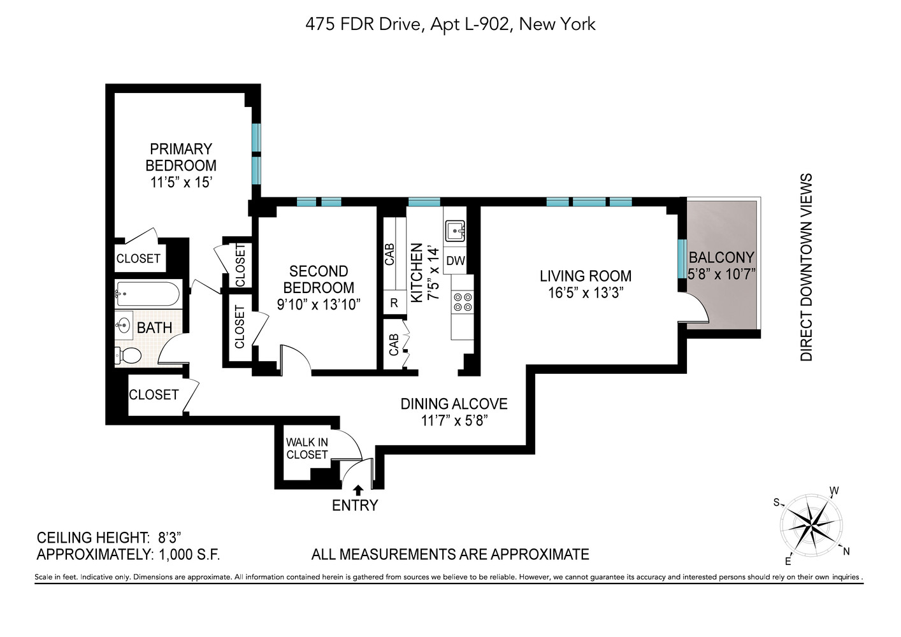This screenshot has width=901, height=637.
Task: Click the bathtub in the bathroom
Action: [148, 294]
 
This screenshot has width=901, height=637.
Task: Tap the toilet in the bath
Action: [129, 355]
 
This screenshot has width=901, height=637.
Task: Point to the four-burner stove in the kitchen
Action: [462, 302]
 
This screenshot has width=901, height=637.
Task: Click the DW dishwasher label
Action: [455, 261]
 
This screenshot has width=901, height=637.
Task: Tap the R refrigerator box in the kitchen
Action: [394, 303]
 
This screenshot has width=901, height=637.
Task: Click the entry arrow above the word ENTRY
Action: [358, 489]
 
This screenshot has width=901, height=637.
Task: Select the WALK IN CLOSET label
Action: [306, 448]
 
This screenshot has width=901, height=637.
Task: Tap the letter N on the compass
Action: [846, 552]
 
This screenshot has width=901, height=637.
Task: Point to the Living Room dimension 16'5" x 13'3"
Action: [585, 293]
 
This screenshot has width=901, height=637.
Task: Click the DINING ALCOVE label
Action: [454, 404]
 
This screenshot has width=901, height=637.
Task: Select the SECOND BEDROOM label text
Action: [319, 279]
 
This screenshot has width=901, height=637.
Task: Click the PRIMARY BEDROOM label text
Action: [181, 157]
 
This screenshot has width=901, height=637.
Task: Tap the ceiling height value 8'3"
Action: [174, 537]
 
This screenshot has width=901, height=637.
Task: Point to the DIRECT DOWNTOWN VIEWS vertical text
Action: [807, 268]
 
